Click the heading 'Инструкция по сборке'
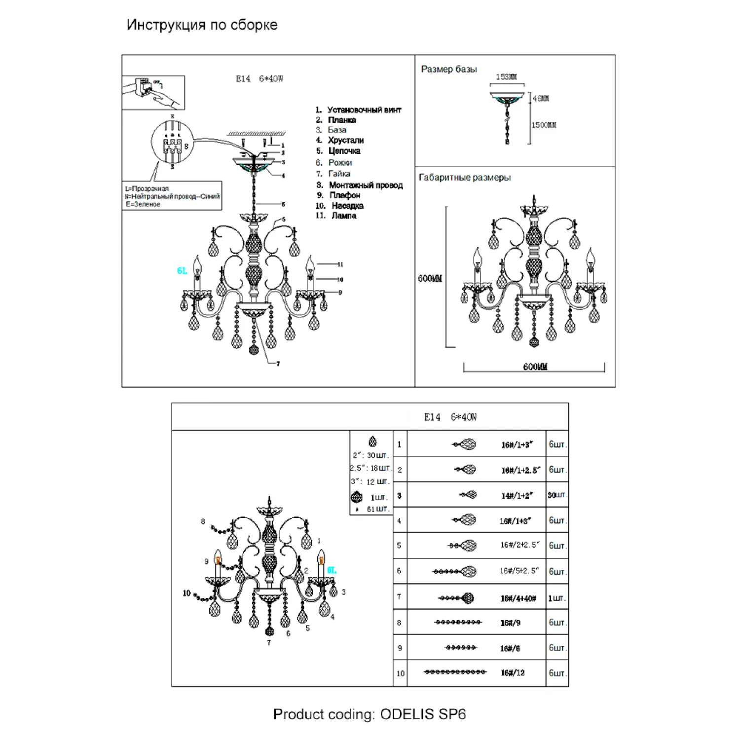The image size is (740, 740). pyautogui.click(x=202, y=25)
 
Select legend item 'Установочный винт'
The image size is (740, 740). pyautogui.click(x=364, y=110)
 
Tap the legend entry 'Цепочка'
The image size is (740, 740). pyautogui.click(x=344, y=151)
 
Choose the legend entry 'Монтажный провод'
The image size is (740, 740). pyautogui.click(x=366, y=185)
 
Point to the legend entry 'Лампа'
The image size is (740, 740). pyautogui.click(x=344, y=216)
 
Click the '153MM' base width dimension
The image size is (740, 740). pyautogui.click(x=506, y=77)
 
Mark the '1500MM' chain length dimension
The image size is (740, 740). pyautogui.click(x=544, y=125)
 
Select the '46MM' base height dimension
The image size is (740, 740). pyautogui.click(x=541, y=99)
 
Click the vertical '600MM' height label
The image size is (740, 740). pyautogui.click(x=430, y=279)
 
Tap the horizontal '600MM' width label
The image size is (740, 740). pyautogui.click(x=535, y=367)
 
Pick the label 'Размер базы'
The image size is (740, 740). pyautogui.click(x=449, y=70)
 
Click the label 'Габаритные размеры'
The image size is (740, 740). pyautogui.click(x=465, y=178)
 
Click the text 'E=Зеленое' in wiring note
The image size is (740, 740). pyautogui.click(x=143, y=204)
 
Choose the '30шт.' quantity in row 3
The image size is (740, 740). pyautogui.click(x=557, y=495)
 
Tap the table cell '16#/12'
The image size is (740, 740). pyautogui.click(x=513, y=673)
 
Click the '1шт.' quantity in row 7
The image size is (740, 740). pyautogui.click(x=557, y=598)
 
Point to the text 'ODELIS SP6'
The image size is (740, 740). pyautogui.click(x=423, y=714)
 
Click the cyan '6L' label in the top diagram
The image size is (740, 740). pyautogui.click(x=182, y=271)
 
